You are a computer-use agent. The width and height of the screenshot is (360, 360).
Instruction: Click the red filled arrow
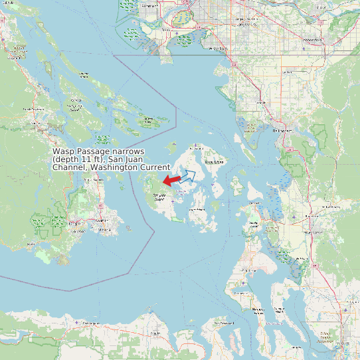(171, 180)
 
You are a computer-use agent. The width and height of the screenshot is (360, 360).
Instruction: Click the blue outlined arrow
(188, 177)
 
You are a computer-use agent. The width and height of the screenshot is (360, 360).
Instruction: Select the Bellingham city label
(283, 131)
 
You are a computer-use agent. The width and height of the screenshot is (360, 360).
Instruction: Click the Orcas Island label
(214, 161)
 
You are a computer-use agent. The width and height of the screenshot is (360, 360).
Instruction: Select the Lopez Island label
(198, 209)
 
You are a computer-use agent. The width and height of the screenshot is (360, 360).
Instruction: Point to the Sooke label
(31, 245)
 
